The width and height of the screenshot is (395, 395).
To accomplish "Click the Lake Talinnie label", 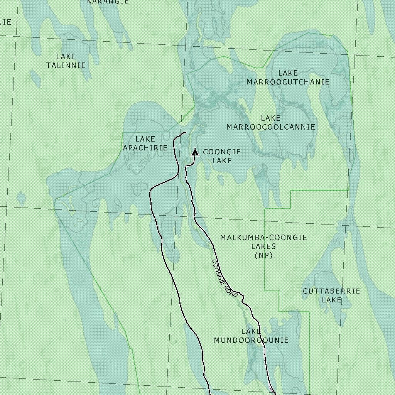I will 66,61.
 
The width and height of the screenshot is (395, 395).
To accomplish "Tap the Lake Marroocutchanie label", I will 288,78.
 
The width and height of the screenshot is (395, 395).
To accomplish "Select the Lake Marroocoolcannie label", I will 271,123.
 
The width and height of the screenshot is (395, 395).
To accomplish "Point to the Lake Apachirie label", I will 145,143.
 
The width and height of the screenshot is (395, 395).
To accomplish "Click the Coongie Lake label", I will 222,156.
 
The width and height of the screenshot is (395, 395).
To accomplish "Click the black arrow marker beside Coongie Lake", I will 195,152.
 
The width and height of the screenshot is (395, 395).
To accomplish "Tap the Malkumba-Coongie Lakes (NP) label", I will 264,246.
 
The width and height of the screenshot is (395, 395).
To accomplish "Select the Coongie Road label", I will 225,278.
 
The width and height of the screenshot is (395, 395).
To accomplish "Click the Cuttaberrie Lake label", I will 331,295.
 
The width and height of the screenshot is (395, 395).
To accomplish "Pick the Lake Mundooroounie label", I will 251,336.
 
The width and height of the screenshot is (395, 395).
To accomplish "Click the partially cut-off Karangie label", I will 108,2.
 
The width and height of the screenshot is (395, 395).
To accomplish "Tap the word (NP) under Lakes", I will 264,255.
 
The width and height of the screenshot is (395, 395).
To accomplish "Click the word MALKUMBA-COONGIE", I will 264,238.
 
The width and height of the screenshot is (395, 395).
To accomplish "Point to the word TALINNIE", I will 66,66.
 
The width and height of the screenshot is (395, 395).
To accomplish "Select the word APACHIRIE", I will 145,148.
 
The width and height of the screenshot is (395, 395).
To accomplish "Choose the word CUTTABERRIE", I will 331,291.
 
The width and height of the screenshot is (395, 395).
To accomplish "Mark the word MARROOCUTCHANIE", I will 288,82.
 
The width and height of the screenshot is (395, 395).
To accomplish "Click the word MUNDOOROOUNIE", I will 251,340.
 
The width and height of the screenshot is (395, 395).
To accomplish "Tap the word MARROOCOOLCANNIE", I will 271,127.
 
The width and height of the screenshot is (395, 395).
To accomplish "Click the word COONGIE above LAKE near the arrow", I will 222,152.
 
